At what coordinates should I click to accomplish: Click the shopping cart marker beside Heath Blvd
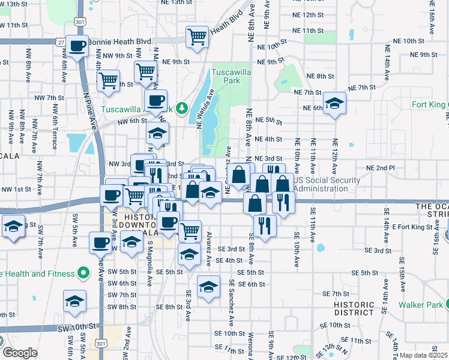[197, 37]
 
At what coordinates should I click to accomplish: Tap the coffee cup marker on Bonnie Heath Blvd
[76, 46]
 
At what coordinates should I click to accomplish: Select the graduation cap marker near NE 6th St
[334, 103]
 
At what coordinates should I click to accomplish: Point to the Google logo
[19, 353]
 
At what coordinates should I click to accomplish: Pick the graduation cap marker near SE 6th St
[208, 286]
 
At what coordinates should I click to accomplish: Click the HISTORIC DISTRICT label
[354, 308]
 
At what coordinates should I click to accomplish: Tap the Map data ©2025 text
[423, 355]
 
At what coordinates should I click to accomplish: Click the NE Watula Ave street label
[204, 108]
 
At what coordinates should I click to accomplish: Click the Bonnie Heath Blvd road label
[119, 42]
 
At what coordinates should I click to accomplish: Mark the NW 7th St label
[49, 97]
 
